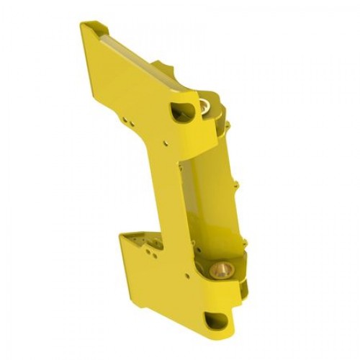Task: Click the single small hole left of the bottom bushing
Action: coord(191,274)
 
